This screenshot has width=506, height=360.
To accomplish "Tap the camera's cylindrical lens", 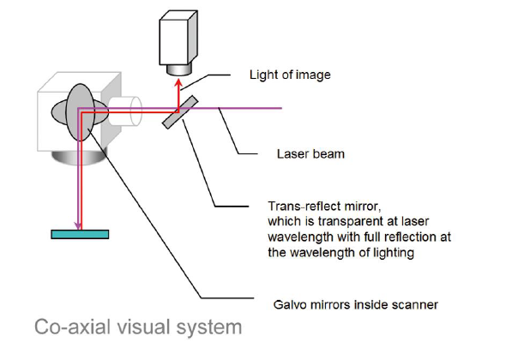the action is [x=179, y=69].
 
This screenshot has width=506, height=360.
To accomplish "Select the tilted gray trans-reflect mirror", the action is [x=180, y=112].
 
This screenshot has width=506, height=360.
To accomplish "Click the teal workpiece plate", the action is [x=80, y=234].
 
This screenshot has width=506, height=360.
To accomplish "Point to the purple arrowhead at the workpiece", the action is [x=78, y=225].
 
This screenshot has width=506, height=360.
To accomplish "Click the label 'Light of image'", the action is [x=290, y=75].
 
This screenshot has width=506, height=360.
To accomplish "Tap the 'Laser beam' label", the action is [x=310, y=154].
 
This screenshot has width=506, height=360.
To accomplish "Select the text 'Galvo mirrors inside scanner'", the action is [x=355, y=304].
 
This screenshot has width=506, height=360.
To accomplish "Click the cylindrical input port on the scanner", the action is [x=126, y=111].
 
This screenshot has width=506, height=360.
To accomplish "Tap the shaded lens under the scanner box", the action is [x=79, y=158].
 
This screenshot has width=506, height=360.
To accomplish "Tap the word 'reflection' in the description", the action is [x=412, y=237].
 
